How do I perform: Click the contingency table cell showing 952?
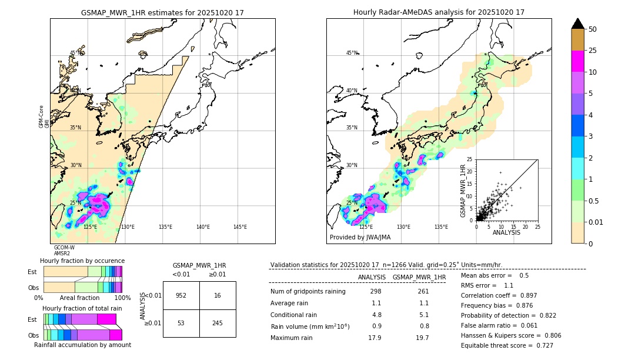[181, 295]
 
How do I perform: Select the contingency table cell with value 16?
[218, 295]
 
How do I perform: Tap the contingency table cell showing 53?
[181, 324]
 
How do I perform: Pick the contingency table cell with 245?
[218, 324]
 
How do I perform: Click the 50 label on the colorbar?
[593, 29]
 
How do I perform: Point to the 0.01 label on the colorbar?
[596, 222]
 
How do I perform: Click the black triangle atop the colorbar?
[577, 24]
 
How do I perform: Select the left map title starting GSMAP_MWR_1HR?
[162, 12]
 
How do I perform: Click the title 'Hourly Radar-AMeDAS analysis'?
[439, 12]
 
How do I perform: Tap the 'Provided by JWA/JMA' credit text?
[360, 237]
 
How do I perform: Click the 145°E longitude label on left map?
[240, 227]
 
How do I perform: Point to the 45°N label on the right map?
[352, 53]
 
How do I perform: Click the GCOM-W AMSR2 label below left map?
[64, 251]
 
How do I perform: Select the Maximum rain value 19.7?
[422, 338]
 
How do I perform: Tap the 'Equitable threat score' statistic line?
[507, 345]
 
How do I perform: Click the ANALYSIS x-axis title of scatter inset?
[506, 232]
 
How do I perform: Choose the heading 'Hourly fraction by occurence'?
[82, 261]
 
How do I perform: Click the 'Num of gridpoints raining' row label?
[308, 292]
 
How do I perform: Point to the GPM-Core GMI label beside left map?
[44, 116]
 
